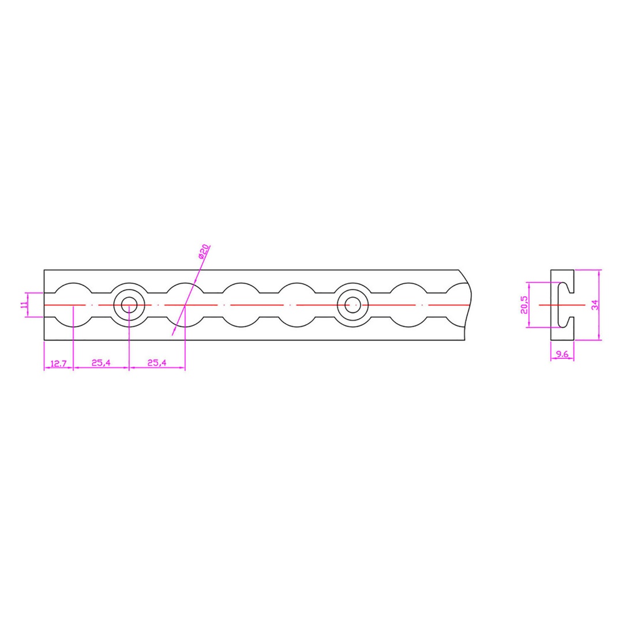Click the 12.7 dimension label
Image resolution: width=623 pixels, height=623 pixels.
click(58, 363)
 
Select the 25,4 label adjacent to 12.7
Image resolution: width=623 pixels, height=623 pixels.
click(101, 362)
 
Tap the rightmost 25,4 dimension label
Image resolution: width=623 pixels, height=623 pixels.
click(157, 362)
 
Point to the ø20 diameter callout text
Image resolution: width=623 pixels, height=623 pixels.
click(204, 252)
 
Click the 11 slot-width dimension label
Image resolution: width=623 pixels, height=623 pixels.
click(24, 305)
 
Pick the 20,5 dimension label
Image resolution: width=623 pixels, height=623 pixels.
click(524, 305)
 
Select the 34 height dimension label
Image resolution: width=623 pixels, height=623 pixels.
click(594, 305)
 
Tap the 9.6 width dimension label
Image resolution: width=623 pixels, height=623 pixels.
click(562, 354)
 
